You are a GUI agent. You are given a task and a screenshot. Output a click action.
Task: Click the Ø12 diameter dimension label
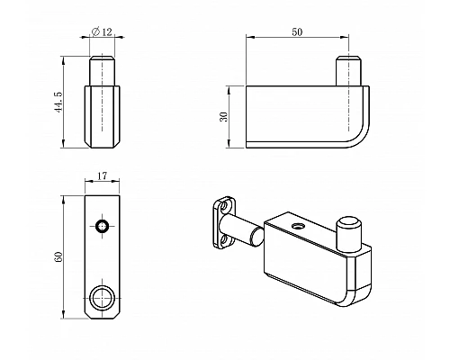[103, 33]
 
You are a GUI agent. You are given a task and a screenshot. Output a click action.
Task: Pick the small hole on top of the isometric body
[294, 226]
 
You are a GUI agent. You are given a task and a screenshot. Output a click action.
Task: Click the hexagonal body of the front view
[103, 117]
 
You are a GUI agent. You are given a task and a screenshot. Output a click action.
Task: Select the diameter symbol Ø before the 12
[96, 33]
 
